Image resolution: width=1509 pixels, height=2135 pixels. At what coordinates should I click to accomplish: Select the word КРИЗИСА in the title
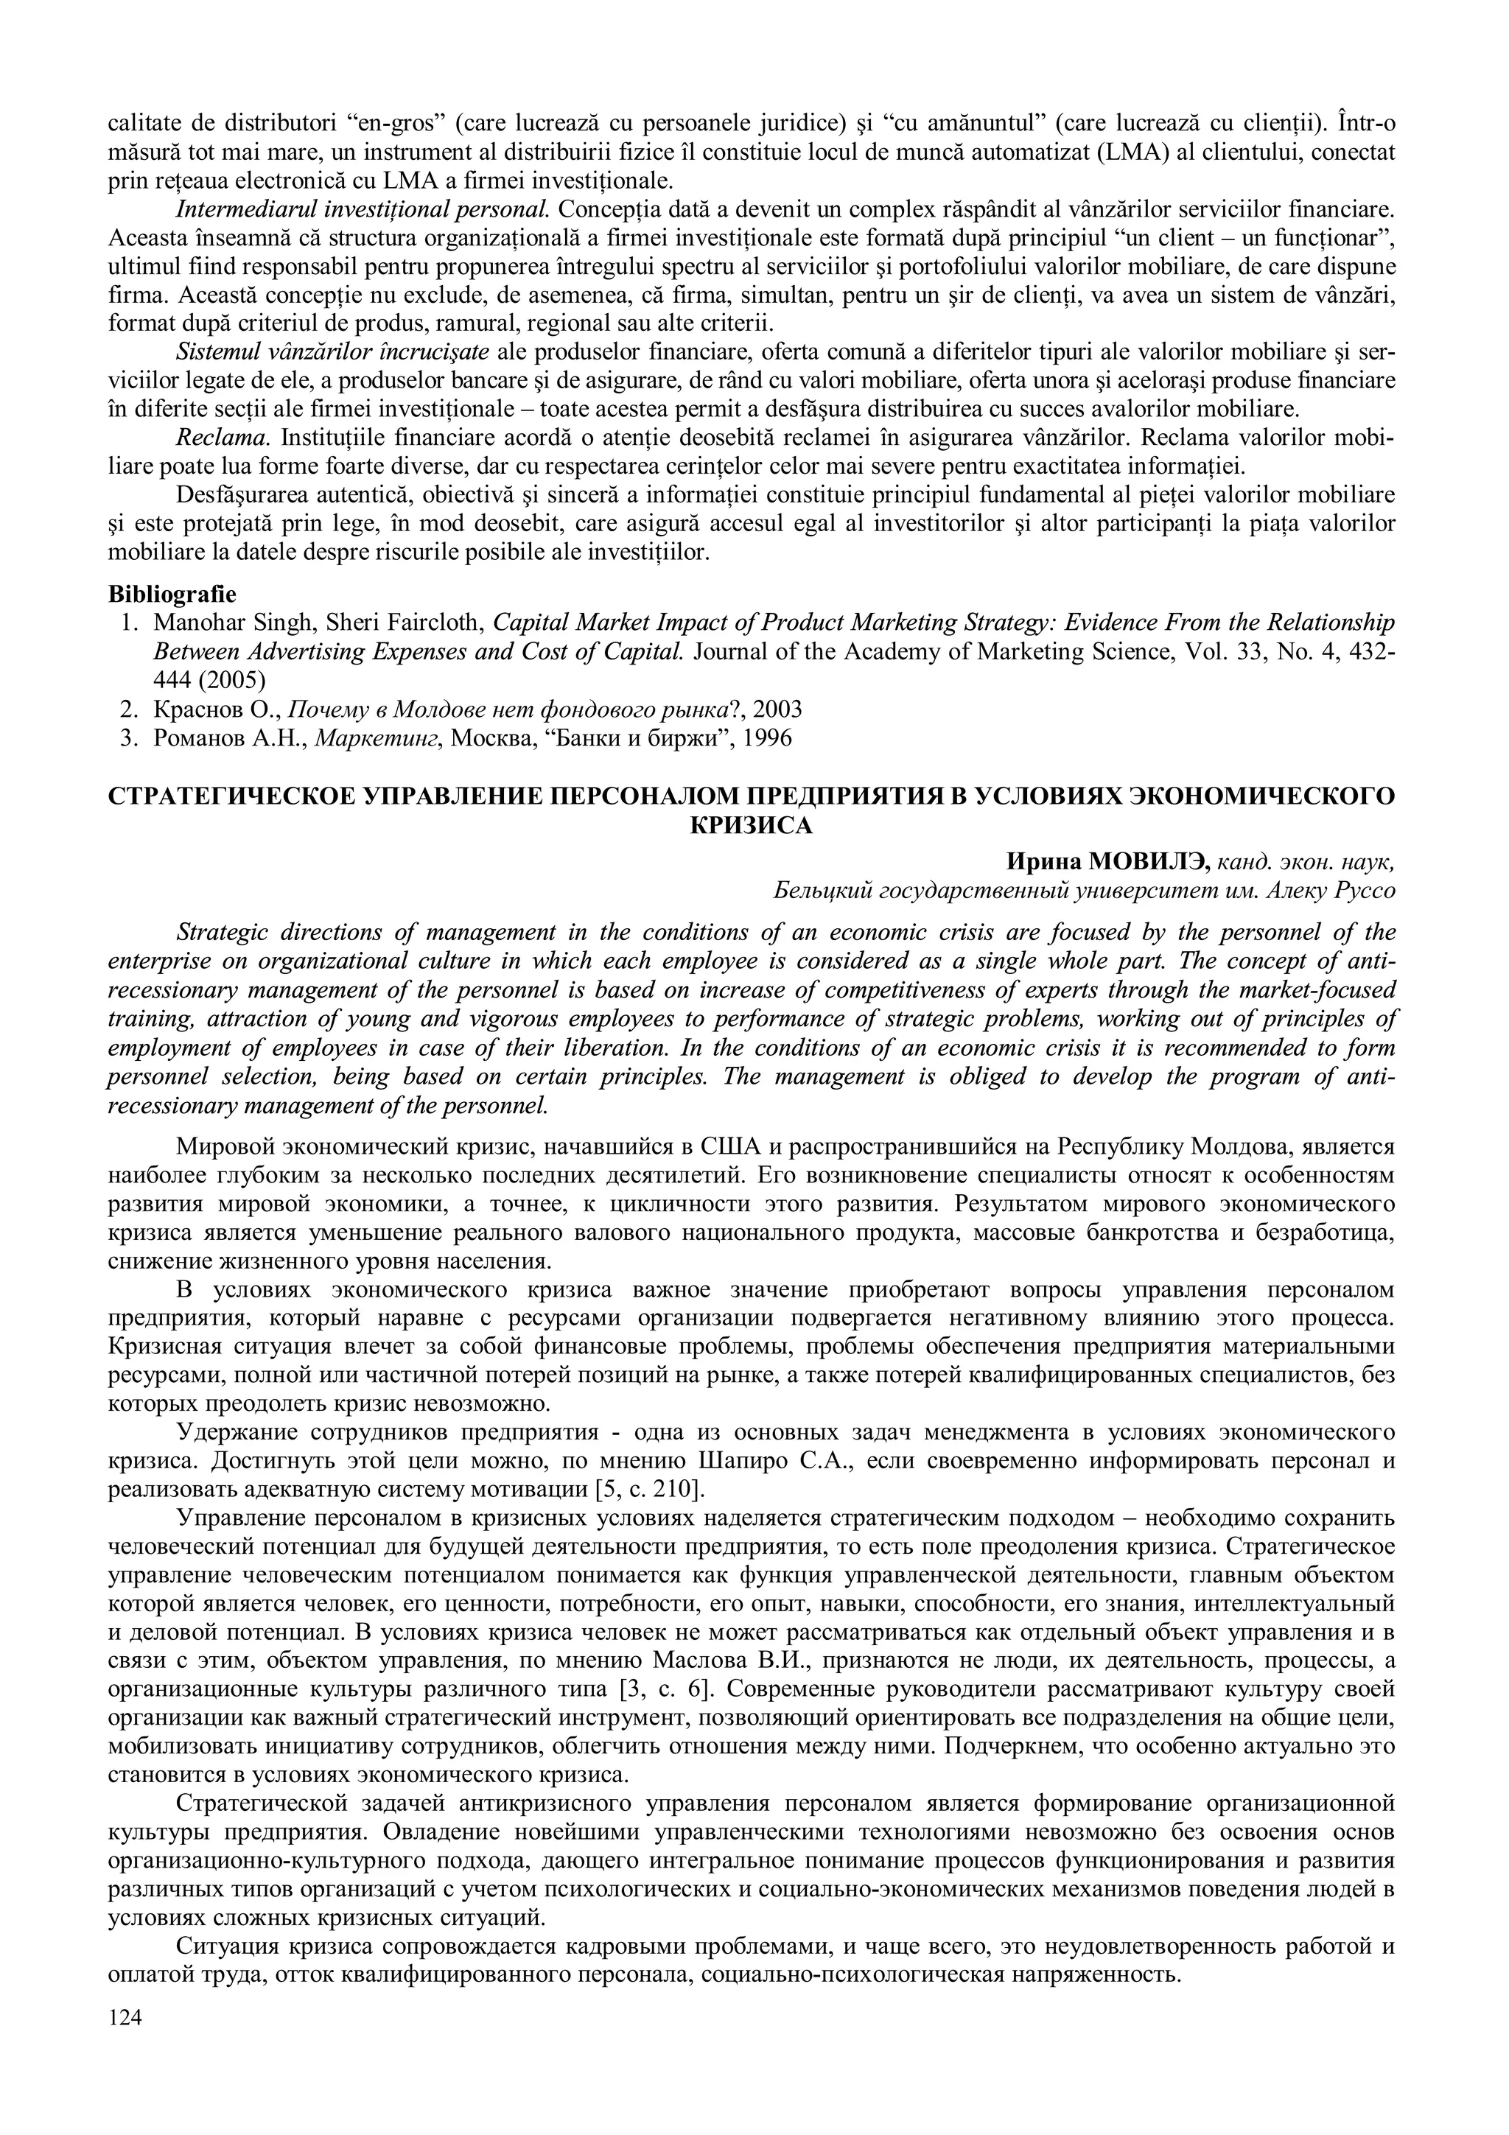[x=752, y=826]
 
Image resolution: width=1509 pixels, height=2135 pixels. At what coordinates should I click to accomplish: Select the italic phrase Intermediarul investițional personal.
[x=363, y=209]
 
